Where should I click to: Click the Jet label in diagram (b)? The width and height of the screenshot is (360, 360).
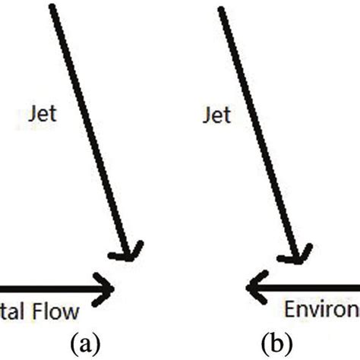click(x=217, y=115)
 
